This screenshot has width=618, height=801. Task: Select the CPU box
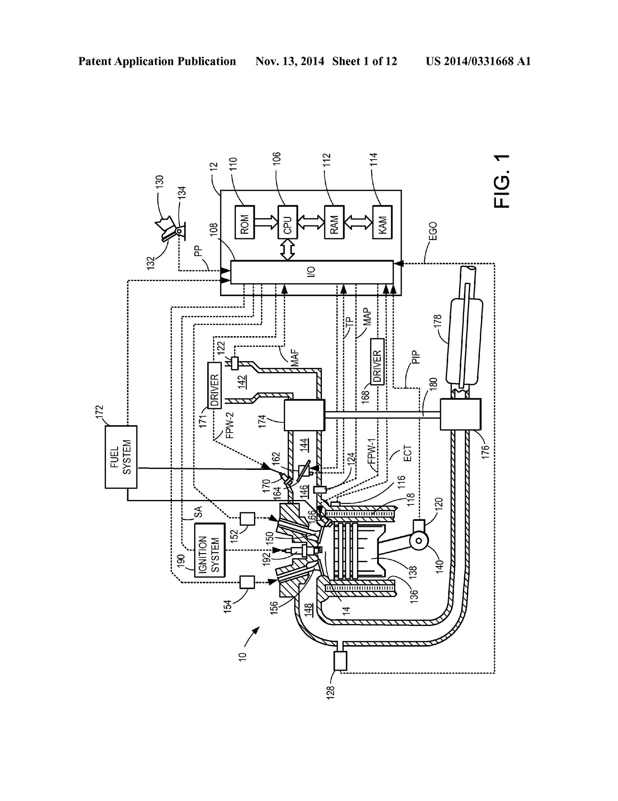click(287, 222)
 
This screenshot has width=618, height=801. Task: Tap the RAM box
click(334, 222)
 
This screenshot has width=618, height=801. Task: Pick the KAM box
click(382, 222)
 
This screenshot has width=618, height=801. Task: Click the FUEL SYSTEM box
click(121, 457)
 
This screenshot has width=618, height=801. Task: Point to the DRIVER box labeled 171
click(214, 385)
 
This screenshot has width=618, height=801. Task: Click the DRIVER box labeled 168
click(377, 362)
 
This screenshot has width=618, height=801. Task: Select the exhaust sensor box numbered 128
click(340, 660)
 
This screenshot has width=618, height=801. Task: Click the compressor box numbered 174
click(304, 415)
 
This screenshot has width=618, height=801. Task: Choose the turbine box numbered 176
click(460, 415)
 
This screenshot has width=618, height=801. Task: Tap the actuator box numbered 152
click(247, 519)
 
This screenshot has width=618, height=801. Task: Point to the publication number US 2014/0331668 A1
click(478, 61)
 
